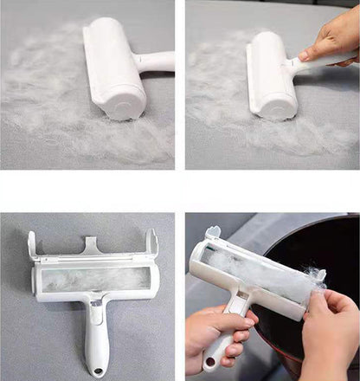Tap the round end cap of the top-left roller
pyautogui.click(x=129, y=106)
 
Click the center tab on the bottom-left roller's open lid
pyautogui.click(x=91, y=247)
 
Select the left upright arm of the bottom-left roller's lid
pyautogui.click(x=32, y=247)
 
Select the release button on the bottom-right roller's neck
pyautogui.click(x=235, y=303)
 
